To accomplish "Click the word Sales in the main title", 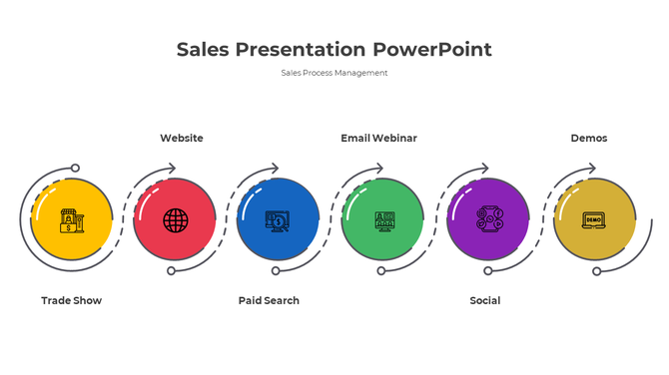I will (x=204, y=49).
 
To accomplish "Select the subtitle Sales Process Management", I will (x=334, y=73).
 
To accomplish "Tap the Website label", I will (x=182, y=138).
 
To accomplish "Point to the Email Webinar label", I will (x=378, y=138).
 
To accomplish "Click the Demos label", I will (x=588, y=138).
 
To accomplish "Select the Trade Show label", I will (x=71, y=300).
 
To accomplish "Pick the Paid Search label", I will (x=269, y=300).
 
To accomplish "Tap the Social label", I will (x=485, y=300).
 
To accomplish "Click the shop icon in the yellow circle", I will (x=71, y=220).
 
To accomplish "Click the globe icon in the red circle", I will (x=175, y=219).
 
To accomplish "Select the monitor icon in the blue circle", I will (x=278, y=220).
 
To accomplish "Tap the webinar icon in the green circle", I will (x=383, y=220).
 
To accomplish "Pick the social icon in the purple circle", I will (x=488, y=219).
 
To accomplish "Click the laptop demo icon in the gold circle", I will (x=593, y=219).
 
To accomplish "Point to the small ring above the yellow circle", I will (x=75, y=169).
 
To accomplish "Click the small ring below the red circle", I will (x=171, y=270).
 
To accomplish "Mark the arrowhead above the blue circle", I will (x=276, y=169).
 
